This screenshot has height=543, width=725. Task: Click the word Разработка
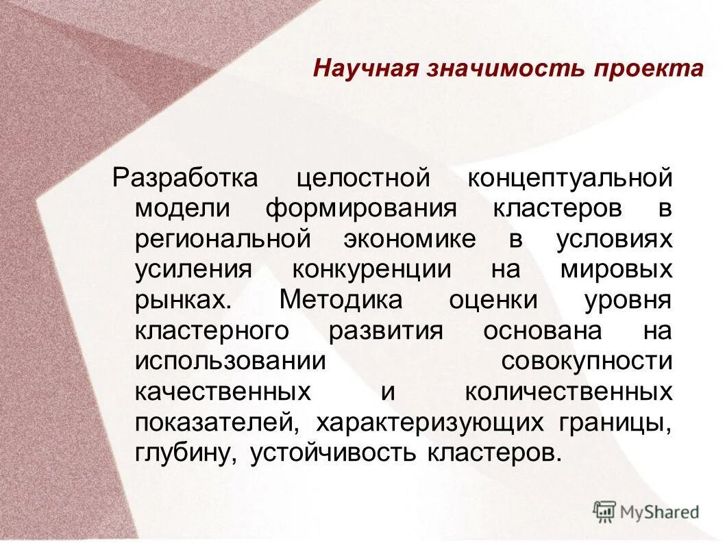[185, 178]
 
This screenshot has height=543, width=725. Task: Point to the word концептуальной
[570, 178]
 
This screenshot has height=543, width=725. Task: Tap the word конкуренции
[372, 269]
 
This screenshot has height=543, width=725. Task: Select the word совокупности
[587, 362]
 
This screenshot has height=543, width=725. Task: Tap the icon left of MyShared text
[604, 510]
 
